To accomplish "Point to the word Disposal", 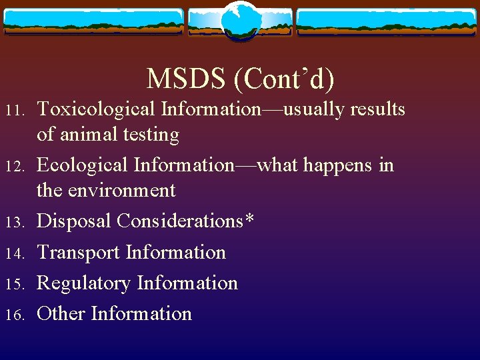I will [x=74, y=221].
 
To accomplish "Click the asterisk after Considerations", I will [x=249, y=217].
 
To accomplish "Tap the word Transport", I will [x=79, y=252].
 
